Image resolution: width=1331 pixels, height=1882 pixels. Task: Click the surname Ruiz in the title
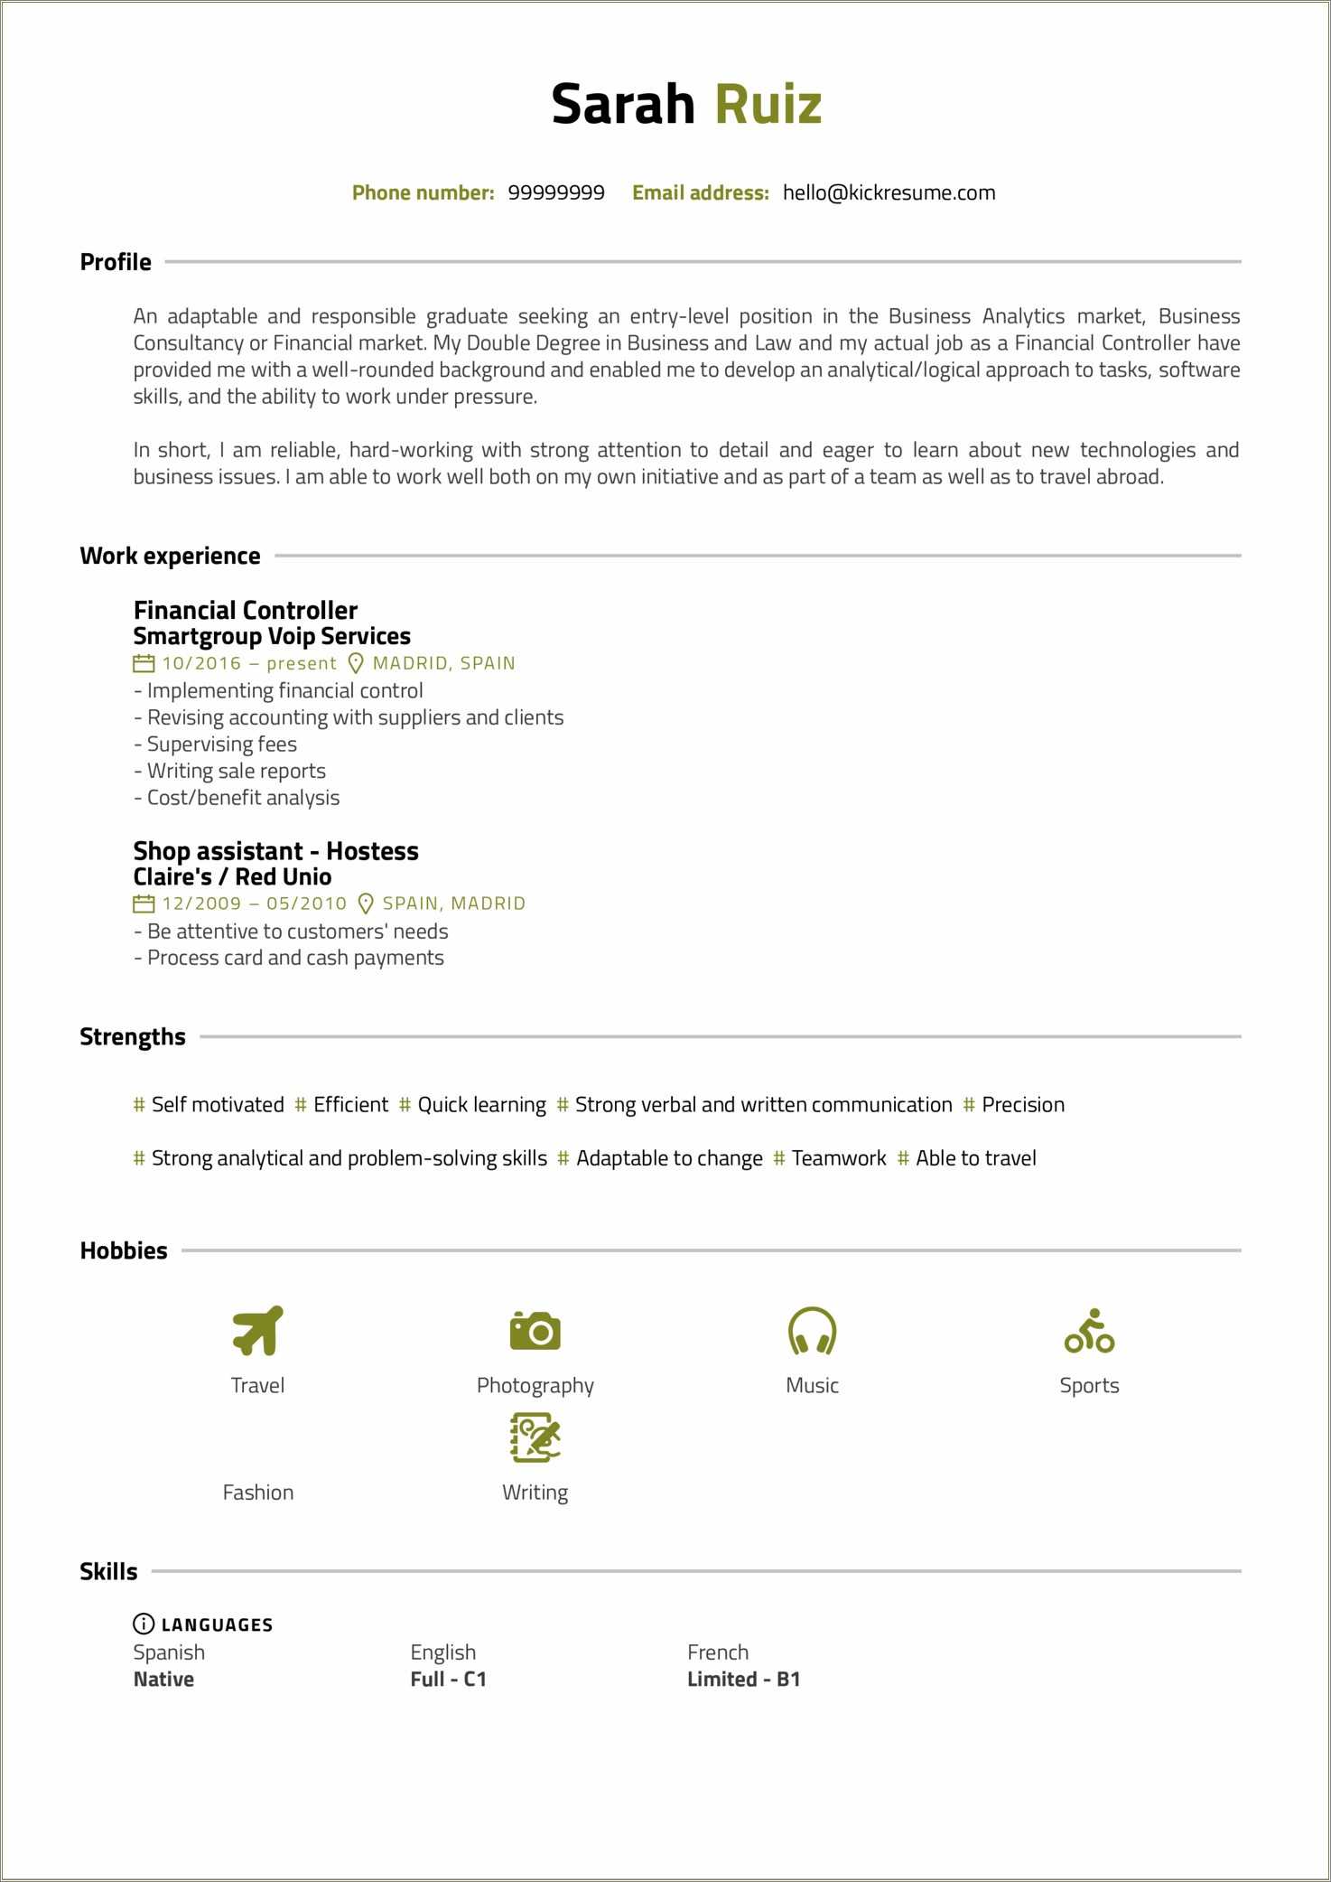pos(768,104)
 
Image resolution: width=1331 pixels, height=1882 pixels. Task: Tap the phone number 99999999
pos(556,192)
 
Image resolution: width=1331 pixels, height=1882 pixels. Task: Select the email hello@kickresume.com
pos(889,192)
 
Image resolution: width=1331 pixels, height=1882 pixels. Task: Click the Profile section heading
pos(116,262)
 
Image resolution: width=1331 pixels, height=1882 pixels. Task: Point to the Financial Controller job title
pos(245,610)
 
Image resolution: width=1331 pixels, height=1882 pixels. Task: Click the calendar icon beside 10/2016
pos(144,663)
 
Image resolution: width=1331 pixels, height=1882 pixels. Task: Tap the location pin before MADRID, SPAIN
pos(356,663)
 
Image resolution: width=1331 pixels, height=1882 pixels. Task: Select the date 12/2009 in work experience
pos(202,904)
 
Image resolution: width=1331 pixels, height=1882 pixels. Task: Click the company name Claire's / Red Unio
pos(232,876)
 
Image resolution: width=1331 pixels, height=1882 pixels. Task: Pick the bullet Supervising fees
pos(221,744)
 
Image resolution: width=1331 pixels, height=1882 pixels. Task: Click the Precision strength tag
pos(1022,1104)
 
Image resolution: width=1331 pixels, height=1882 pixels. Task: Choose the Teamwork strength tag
pos(838,1158)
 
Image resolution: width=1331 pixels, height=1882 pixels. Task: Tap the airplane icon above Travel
pos(258,1331)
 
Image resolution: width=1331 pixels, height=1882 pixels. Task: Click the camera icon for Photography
pos(535,1331)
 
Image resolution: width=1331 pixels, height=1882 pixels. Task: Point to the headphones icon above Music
pos(813,1331)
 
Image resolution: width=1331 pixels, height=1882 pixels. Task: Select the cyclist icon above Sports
pos(1089,1331)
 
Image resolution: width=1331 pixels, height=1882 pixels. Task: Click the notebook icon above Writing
pos(535,1437)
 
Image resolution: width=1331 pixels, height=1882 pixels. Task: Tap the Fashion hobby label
pos(258,1492)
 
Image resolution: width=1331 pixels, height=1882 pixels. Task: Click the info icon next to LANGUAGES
pos(144,1624)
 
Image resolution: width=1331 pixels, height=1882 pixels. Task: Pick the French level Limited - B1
pos(743,1679)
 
